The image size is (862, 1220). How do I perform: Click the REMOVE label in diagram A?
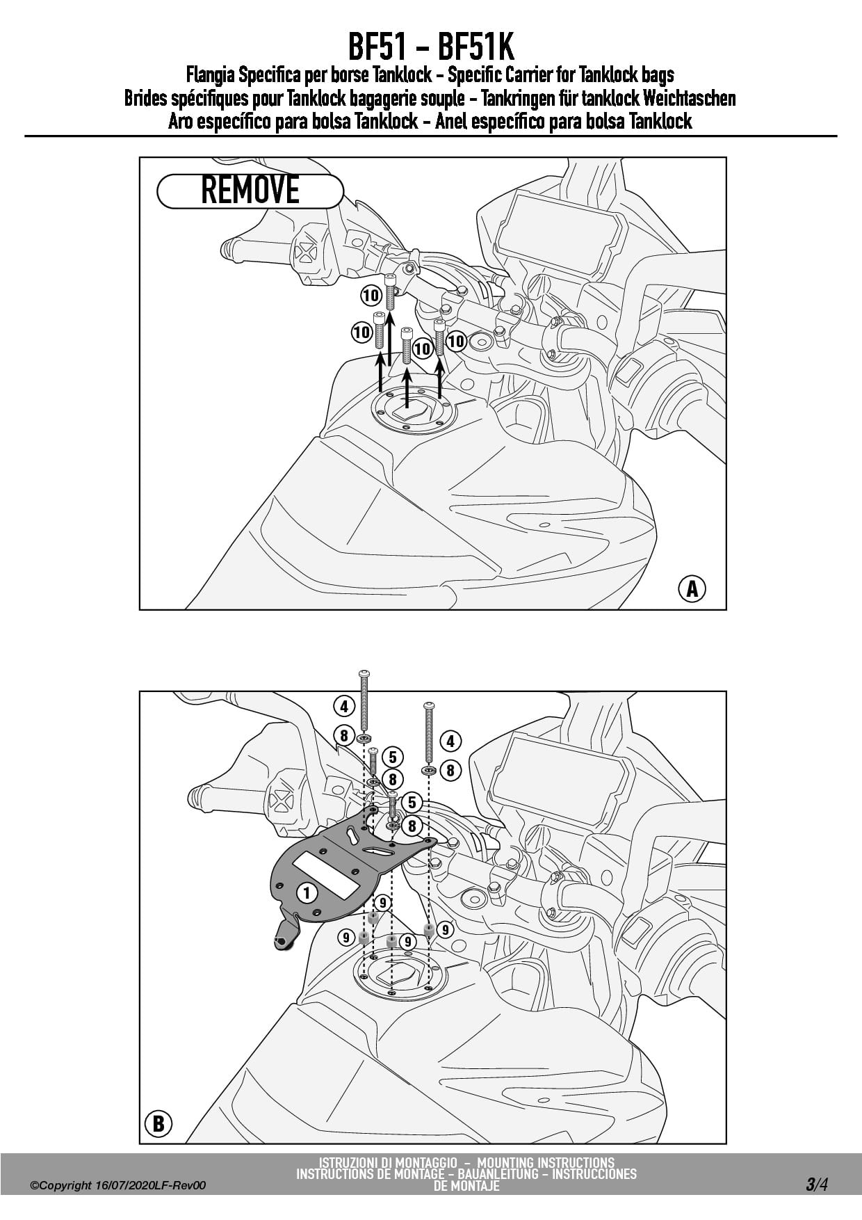250,191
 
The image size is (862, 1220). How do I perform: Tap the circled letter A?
692,588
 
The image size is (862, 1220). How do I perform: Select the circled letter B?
158,1123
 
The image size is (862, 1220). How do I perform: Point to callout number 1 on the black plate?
307,892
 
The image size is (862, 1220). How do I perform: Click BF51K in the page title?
476,47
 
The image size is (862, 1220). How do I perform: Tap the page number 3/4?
817,1185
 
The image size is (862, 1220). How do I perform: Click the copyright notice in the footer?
118,1186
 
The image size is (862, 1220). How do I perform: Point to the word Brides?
145,98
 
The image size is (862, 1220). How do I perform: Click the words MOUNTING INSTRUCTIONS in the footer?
546,1162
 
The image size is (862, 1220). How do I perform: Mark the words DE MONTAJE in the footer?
466,1186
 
